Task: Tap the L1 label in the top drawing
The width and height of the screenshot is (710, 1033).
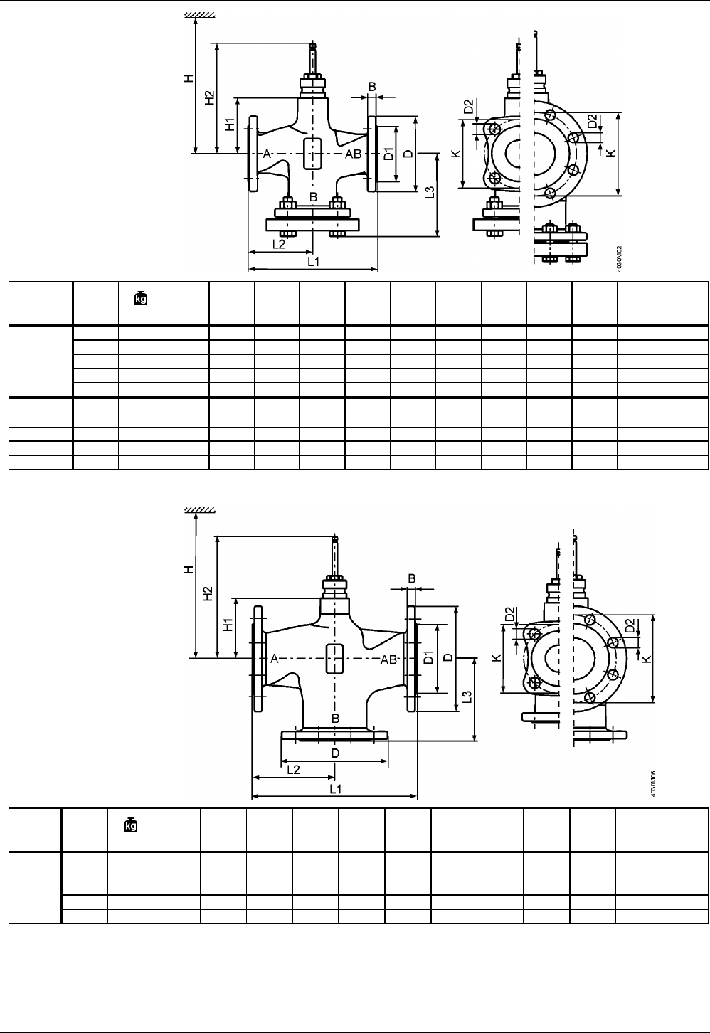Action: (313, 261)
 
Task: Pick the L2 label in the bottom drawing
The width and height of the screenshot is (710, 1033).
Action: (292, 769)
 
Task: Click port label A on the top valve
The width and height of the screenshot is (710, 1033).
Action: (265, 154)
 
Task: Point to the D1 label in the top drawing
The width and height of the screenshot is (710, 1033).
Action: (389, 154)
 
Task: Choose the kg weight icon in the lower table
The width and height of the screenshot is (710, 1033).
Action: (131, 825)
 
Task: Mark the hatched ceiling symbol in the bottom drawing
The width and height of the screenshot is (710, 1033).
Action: (201, 509)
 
